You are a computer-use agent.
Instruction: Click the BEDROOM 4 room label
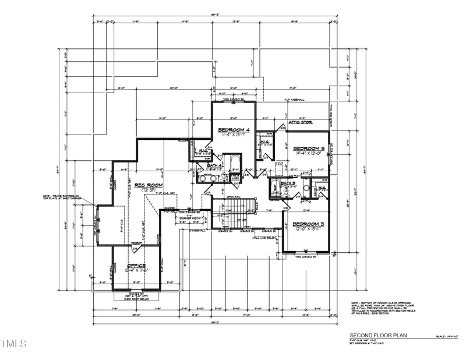click(x=233, y=129)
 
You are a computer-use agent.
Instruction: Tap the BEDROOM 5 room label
click(x=308, y=148)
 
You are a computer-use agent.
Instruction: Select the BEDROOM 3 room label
click(x=308, y=224)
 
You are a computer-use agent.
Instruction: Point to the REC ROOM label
click(x=147, y=185)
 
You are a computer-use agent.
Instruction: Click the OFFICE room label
click(x=135, y=266)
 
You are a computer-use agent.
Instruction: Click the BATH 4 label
click(x=215, y=165)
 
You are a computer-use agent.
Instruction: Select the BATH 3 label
click(x=288, y=183)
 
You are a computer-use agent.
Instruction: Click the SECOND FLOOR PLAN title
click(x=377, y=336)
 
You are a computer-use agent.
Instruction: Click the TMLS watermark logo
click(x=13, y=344)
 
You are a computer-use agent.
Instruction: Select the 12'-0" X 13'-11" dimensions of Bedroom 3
click(x=308, y=230)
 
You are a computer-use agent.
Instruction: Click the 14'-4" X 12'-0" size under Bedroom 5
click(x=308, y=154)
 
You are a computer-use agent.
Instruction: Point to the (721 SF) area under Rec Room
click(x=147, y=191)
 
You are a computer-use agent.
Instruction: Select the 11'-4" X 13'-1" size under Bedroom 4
click(x=233, y=135)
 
